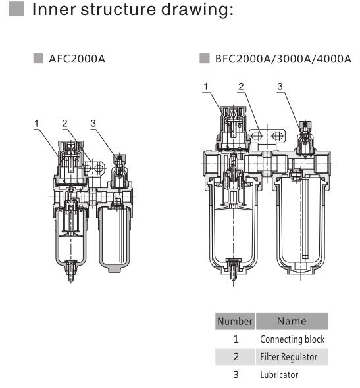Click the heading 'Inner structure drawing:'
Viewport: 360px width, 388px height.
click(128, 11)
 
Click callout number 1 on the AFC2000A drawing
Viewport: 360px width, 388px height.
click(38, 124)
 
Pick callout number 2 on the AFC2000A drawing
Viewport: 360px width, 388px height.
click(64, 124)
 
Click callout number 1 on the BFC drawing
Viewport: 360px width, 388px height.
click(206, 87)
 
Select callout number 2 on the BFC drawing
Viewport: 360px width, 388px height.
click(242, 87)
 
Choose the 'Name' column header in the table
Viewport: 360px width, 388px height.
click(292, 322)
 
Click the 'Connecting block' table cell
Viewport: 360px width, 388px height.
click(292, 340)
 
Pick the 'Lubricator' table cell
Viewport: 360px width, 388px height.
click(280, 374)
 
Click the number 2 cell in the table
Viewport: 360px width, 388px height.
click(236, 357)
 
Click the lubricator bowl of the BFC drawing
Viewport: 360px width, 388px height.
click(299, 224)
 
